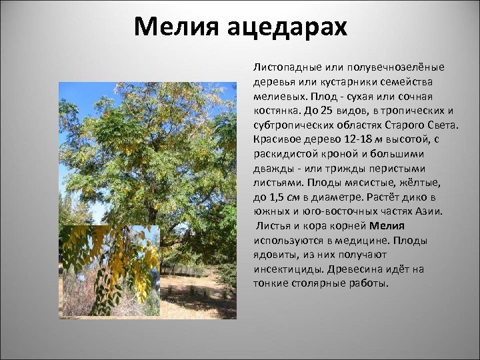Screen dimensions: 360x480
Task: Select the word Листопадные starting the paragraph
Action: coord(283,67)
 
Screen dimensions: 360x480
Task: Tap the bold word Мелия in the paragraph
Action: coord(387,226)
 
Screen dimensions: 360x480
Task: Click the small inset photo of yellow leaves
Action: coord(110,270)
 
